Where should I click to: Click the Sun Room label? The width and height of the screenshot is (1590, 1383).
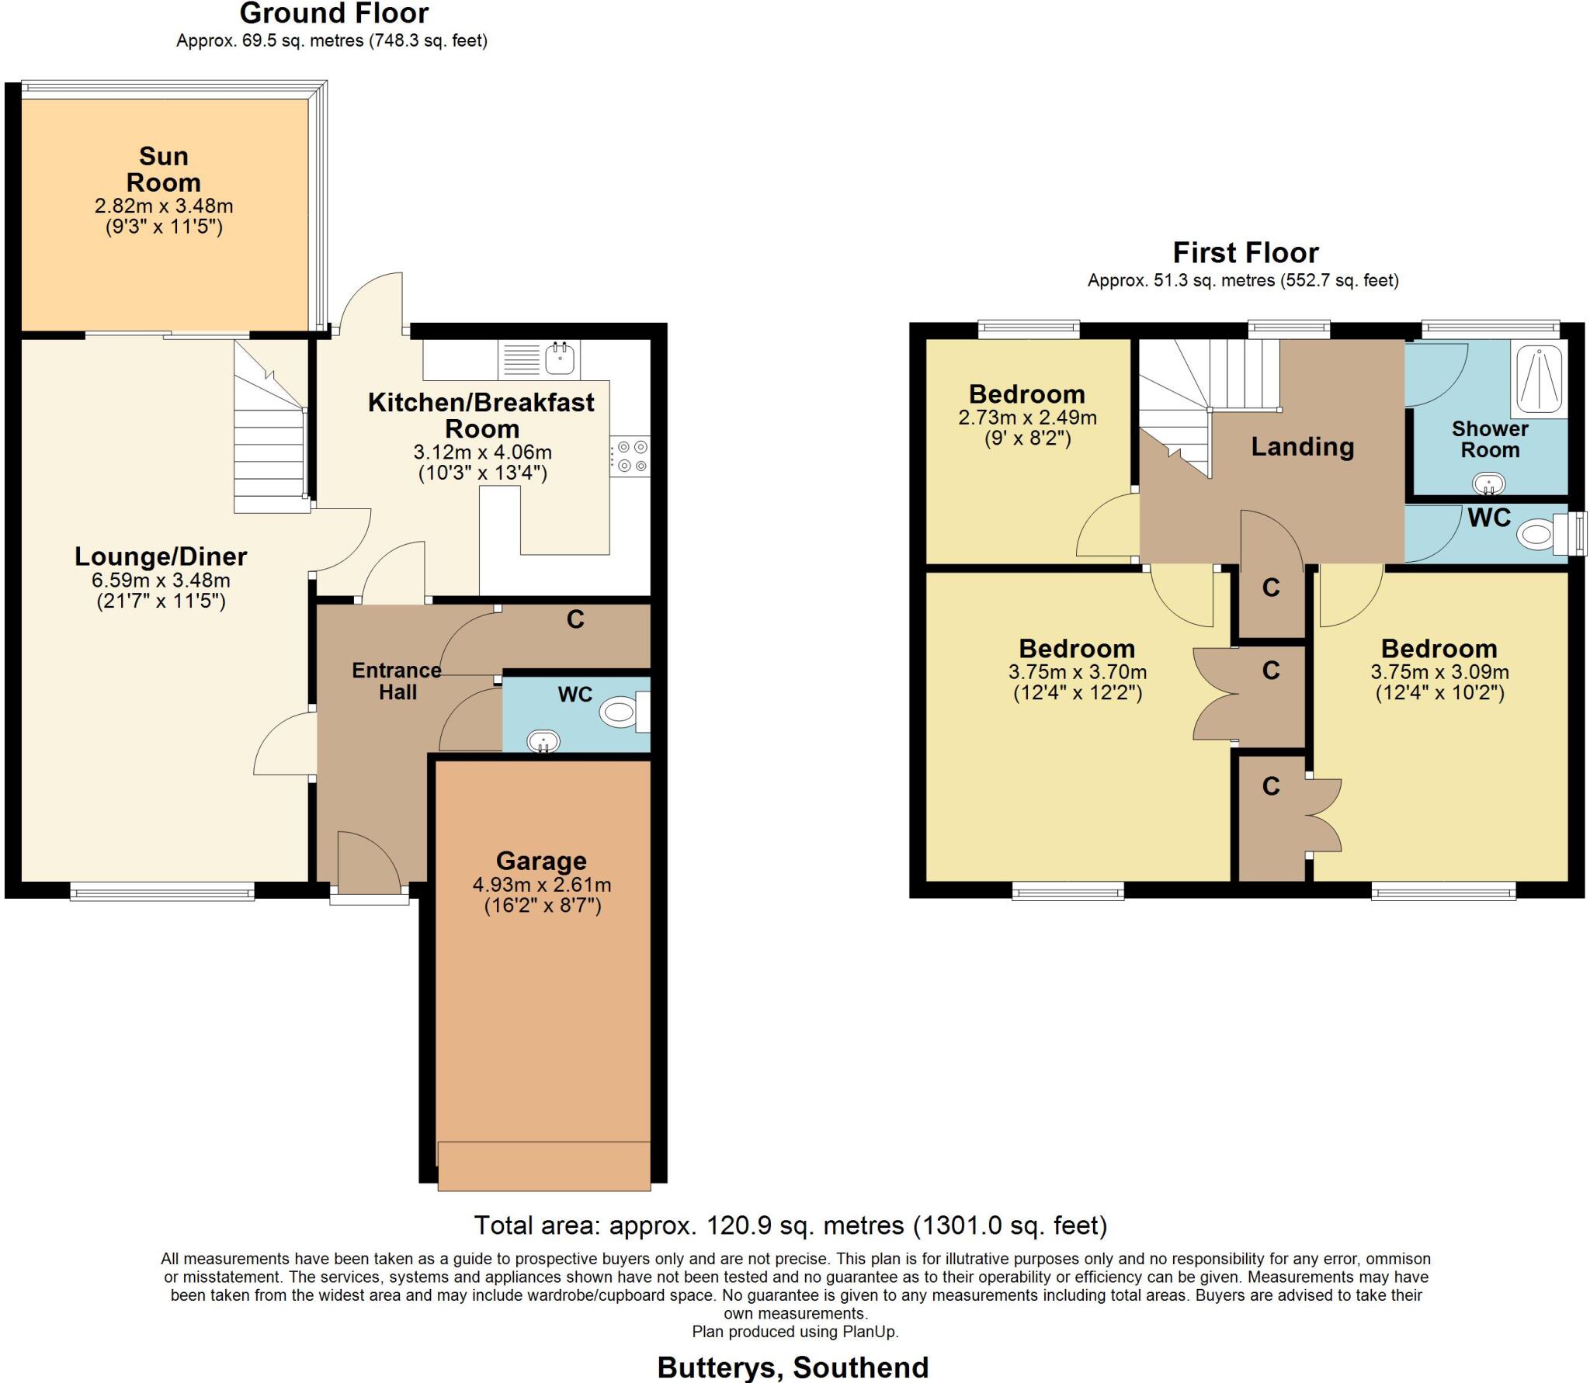click(164, 169)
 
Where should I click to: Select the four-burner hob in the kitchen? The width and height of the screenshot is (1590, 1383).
click(630, 456)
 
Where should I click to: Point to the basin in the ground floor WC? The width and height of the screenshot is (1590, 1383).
click(543, 741)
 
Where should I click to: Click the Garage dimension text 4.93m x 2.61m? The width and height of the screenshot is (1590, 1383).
click(542, 885)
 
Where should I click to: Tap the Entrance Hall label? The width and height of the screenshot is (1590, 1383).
click(397, 681)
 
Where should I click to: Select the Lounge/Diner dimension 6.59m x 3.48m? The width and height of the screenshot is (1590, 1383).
click(161, 581)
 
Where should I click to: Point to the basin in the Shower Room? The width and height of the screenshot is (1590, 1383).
click(1489, 484)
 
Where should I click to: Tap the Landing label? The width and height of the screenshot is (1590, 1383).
click(1302, 446)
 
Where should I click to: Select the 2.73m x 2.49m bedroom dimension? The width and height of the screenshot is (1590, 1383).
click(1027, 418)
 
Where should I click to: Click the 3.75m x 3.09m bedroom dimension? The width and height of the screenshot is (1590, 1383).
click(1439, 672)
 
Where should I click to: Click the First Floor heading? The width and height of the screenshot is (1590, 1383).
click(1245, 253)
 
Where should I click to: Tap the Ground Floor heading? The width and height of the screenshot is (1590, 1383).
click(334, 13)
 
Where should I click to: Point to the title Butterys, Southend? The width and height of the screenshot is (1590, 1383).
click(793, 1367)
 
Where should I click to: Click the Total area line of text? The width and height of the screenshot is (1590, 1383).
click(790, 1225)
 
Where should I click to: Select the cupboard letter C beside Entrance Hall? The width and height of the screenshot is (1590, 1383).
click(575, 619)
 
